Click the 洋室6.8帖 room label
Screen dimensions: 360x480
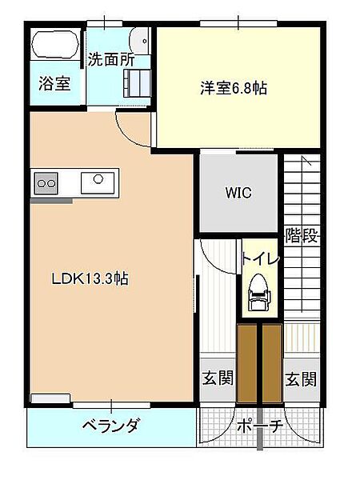click(x=234, y=89)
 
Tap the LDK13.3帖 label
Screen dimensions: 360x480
click(x=90, y=279)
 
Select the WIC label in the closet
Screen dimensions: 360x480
click(x=238, y=193)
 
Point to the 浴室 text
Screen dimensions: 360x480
click(x=54, y=83)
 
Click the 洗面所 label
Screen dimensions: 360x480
click(x=111, y=60)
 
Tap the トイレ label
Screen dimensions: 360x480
click(x=261, y=259)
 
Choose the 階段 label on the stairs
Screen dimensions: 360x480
click(x=302, y=235)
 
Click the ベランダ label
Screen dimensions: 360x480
click(x=111, y=426)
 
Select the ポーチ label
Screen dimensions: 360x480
click(x=259, y=426)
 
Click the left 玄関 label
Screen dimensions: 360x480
click(x=218, y=378)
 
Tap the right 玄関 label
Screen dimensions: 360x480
click(x=302, y=379)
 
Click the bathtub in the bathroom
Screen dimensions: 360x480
click(x=55, y=44)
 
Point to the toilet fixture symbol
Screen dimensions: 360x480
click(x=259, y=292)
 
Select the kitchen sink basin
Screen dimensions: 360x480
click(x=98, y=182)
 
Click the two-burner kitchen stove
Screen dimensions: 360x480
click(x=46, y=183)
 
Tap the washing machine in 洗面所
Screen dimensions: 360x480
click(x=137, y=83)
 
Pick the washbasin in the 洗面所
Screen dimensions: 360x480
click(x=139, y=42)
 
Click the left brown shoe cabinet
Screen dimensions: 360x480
click(x=247, y=363)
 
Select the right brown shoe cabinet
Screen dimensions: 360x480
click(x=272, y=363)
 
